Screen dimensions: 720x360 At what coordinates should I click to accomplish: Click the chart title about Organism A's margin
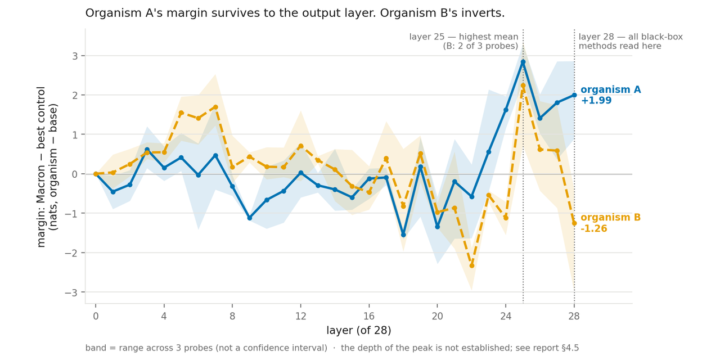point(295,13)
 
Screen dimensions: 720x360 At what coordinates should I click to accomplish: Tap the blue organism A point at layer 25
point(523,62)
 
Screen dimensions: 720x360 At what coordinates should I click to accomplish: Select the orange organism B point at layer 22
point(472,266)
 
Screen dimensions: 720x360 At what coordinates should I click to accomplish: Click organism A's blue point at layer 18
point(403,235)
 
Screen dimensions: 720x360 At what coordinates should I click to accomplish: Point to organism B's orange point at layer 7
point(215,107)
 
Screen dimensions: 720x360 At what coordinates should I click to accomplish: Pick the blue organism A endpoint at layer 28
point(574,95)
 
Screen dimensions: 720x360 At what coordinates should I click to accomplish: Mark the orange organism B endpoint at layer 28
point(574,223)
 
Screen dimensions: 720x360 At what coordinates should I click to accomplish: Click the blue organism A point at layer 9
point(250,218)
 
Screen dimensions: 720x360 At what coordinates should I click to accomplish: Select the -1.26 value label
point(594,228)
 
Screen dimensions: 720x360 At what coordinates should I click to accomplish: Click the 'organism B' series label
point(611,217)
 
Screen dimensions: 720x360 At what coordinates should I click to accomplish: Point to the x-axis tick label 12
point(300,316)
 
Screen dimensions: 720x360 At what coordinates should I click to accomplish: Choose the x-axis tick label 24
point(506,316)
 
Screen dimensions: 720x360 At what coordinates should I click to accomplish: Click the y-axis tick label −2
point(71,253)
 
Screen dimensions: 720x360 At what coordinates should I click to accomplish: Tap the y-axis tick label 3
point(75,56)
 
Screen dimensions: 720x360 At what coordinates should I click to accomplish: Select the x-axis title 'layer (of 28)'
point(359,330)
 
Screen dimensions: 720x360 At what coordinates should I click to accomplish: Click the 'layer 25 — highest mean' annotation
point(464,37)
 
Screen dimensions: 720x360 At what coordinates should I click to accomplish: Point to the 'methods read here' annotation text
point(620,46)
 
